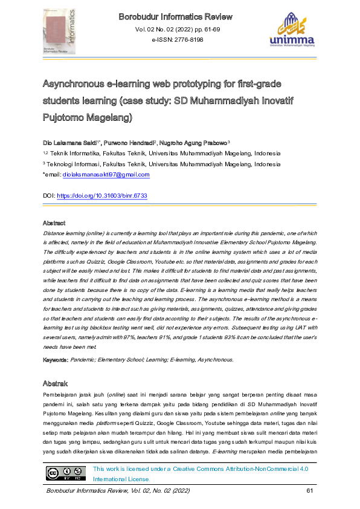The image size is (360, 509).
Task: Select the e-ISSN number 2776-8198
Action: click(177, 40)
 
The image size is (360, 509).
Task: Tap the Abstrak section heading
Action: click(55, 383)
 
